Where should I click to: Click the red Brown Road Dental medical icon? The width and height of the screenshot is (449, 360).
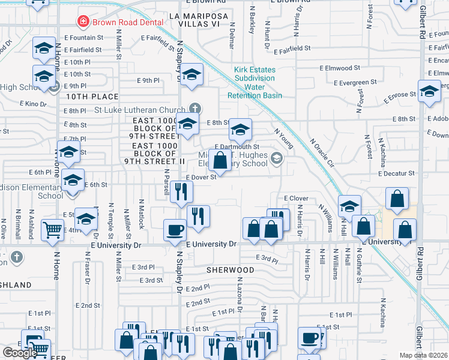pos(82,22)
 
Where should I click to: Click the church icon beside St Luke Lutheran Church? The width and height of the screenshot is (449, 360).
pos(194,109)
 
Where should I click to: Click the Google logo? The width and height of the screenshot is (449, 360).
pos(20,353)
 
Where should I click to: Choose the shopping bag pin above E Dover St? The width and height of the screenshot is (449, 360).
pos(220,160)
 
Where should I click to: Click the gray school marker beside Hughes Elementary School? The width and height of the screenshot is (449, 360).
pos(277,158)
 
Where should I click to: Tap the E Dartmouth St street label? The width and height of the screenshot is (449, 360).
pos(237,146)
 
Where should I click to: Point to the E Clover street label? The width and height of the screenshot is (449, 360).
pos(295,198)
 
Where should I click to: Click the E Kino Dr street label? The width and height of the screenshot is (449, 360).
pos(35,104)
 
